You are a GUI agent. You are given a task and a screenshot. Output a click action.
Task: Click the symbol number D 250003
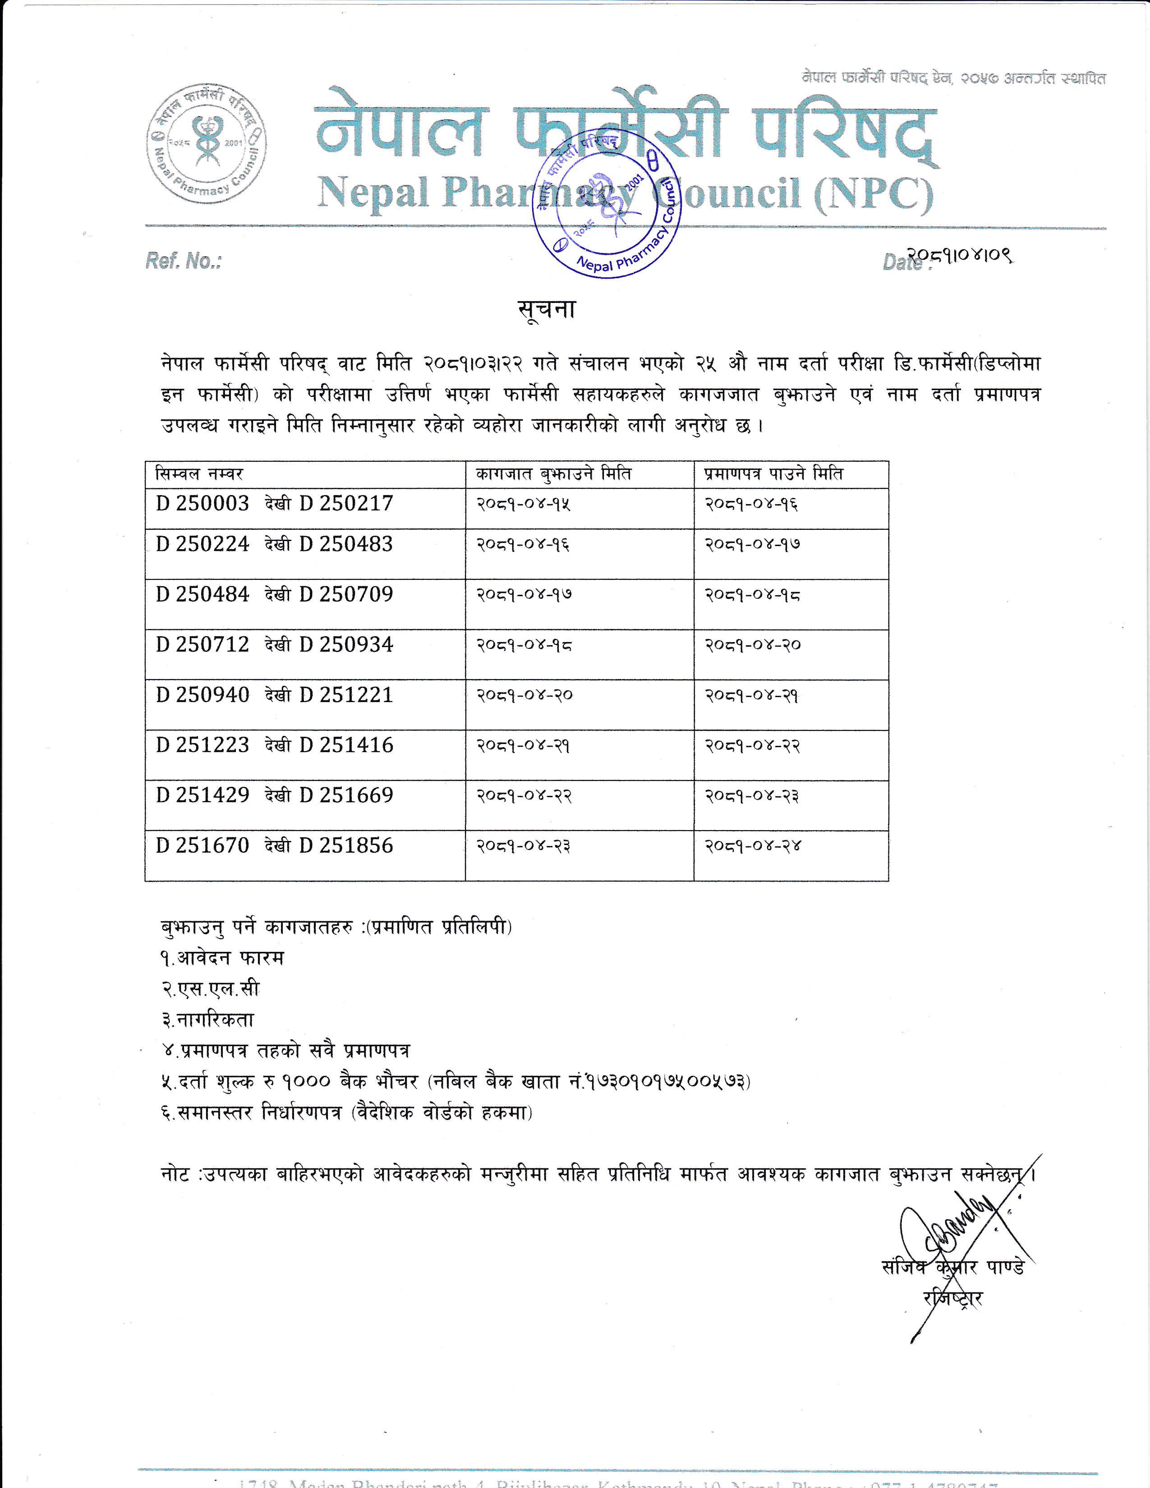202,504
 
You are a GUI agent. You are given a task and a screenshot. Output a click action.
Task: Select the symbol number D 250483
346,544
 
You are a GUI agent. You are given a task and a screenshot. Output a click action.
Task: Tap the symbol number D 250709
346,594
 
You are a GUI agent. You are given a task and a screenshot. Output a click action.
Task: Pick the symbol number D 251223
202,745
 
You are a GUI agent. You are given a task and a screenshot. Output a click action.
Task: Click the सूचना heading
547,310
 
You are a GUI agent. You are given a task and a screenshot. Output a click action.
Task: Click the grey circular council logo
207,143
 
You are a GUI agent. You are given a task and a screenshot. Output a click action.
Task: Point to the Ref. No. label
183,261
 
